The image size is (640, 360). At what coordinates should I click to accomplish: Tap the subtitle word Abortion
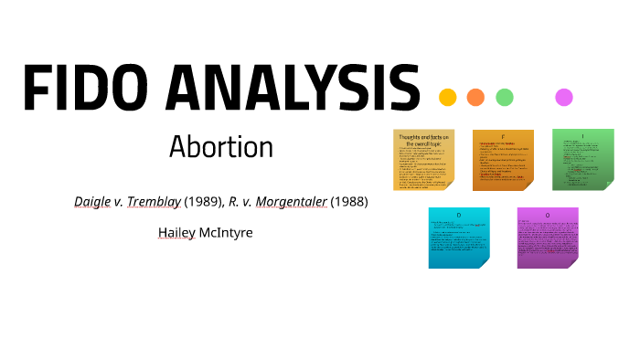point(221,147)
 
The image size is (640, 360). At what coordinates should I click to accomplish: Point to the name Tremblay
point(156,202)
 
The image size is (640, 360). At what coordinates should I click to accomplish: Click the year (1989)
point(203,202)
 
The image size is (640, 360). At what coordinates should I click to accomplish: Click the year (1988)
point(350,202)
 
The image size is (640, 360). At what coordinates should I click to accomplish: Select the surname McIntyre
point(228,232)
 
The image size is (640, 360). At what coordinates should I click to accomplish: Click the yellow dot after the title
point(448,97)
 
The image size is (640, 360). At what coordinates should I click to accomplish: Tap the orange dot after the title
point(475,97)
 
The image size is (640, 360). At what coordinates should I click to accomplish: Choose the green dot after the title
point(504,97)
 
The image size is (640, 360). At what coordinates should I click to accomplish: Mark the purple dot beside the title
point(564,97)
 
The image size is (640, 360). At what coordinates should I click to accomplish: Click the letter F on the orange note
point(503,137)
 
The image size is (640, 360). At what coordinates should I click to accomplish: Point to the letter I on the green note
point(582,137)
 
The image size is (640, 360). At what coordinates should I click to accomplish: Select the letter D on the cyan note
point(458,216)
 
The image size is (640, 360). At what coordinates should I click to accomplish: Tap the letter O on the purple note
point(547,216)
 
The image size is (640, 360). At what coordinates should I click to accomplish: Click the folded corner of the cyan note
point(481,261)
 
